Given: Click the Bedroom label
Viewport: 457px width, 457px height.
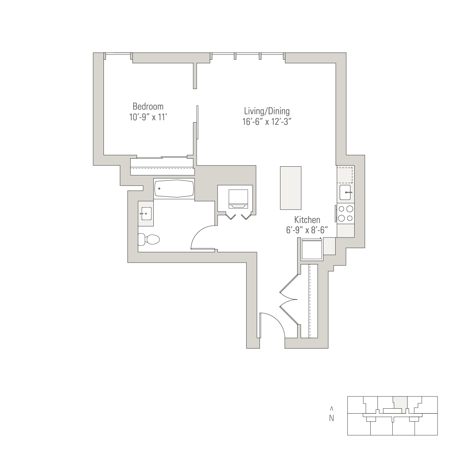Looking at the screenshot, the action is [148, 107].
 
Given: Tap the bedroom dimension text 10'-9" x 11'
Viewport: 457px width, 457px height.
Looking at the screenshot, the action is [148, 117].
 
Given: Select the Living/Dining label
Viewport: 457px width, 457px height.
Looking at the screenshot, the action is [267, 111].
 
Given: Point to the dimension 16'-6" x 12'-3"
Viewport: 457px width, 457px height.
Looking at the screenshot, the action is [267, 122].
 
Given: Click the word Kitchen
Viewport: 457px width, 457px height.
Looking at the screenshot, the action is [307, 220].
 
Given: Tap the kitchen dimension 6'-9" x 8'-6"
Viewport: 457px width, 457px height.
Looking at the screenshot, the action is [307, 230].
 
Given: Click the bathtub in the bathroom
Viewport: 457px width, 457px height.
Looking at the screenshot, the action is [174, 188].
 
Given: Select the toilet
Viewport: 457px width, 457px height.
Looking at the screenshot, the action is [149, 239].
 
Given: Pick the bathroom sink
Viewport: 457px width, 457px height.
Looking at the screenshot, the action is [146, 213].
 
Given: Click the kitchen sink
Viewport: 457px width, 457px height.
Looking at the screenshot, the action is [345, 192].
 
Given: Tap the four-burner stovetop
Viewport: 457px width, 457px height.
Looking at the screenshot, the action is [346, 213].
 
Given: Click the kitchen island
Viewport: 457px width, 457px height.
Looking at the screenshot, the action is [290, 188].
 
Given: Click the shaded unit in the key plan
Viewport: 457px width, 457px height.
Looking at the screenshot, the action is [400, 402].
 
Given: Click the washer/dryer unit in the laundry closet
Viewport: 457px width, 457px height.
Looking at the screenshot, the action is [238, 199].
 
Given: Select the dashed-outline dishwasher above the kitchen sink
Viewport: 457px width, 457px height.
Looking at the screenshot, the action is [345, 175].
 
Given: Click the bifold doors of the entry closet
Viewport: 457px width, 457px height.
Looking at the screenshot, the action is [289, 299].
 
